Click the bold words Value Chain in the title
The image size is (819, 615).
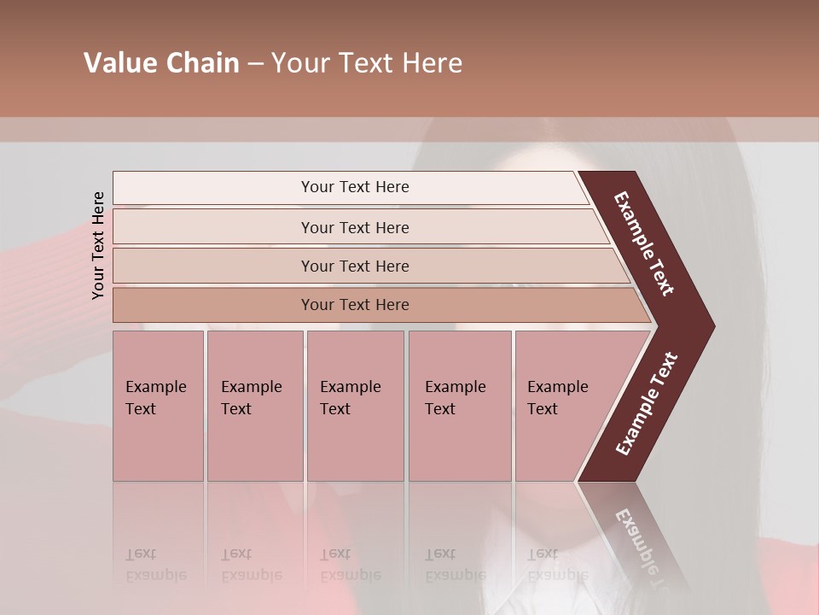pyautogui.click(x=161, y=63)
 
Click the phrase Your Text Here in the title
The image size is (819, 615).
pyautogui.click(x=367, y=63)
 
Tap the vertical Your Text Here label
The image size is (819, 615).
pyautogui.click(x=98, y=245)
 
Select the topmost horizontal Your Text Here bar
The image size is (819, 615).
pyautogui.click(x=355, y=187)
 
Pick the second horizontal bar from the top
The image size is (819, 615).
pyautogui.click(x=355, y=227)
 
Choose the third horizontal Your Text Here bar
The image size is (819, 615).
pyautogui.click(x=355, y=266)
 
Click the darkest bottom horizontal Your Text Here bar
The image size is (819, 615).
pyautogui.click(x=355, y=305)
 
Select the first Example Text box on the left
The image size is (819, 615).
pyautogui.click(x=158, y=406)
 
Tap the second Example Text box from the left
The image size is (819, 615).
pyautogui.click(x=255, y=406)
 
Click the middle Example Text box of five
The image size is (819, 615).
pyautogui.click(x=355, y=406)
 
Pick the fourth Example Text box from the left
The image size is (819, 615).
pyautogui.click(x=460, y=406)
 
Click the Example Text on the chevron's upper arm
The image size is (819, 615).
pyautogui.click(x=644, y=243)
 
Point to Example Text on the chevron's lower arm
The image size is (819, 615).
pyautogui.click(x=647, y=403)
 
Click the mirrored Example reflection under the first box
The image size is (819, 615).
pyautogui.click(x=155, y=575)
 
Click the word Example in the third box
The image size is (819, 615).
pyautogui.click(x=350, y=387)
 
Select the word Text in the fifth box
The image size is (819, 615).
pyautogui.click(x=543, y=409)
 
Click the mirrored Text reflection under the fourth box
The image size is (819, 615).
pyautogui.click(x=440, y=553)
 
